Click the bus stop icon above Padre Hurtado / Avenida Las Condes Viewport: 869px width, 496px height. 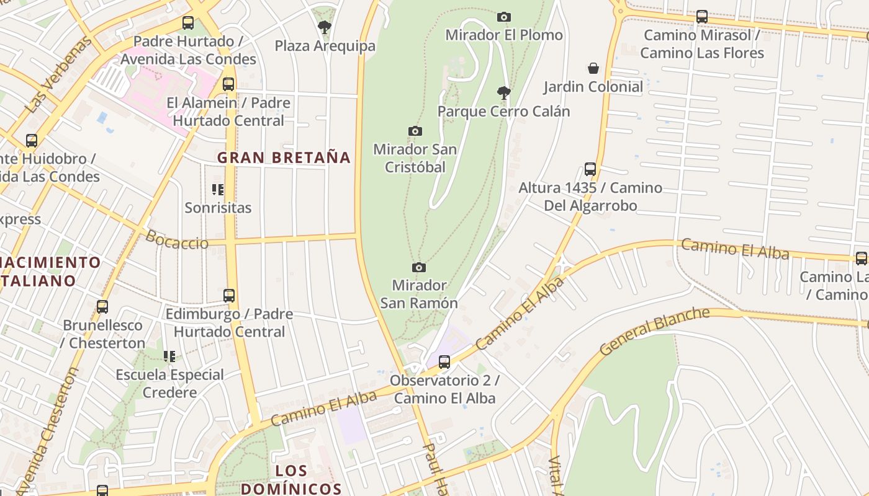(188, 23)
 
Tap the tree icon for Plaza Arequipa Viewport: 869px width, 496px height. (324, 27)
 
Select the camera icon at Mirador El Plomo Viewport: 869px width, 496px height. (504, 17)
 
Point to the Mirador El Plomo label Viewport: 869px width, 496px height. (504, 35)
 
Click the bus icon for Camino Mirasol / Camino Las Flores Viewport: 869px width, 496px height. (702, 17)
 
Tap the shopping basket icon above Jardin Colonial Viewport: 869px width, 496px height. (593, 68)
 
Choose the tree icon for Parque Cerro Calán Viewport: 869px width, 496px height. (504, 93)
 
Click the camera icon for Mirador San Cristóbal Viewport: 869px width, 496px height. (415, 131)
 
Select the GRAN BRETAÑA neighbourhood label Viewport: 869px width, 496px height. (284, 157)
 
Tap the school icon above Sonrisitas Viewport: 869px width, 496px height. (218, 189)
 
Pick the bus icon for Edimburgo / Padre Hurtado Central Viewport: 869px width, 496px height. (229, 295)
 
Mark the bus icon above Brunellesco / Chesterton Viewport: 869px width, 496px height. (102, 306)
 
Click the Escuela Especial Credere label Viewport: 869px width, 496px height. (169, 383)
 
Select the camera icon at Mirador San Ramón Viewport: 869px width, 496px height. (419, 267)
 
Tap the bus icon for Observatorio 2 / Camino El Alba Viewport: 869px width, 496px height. (444, 361)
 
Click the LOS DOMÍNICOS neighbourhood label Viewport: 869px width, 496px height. (291, 479)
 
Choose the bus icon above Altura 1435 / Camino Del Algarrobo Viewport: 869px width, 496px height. (590, 169)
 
